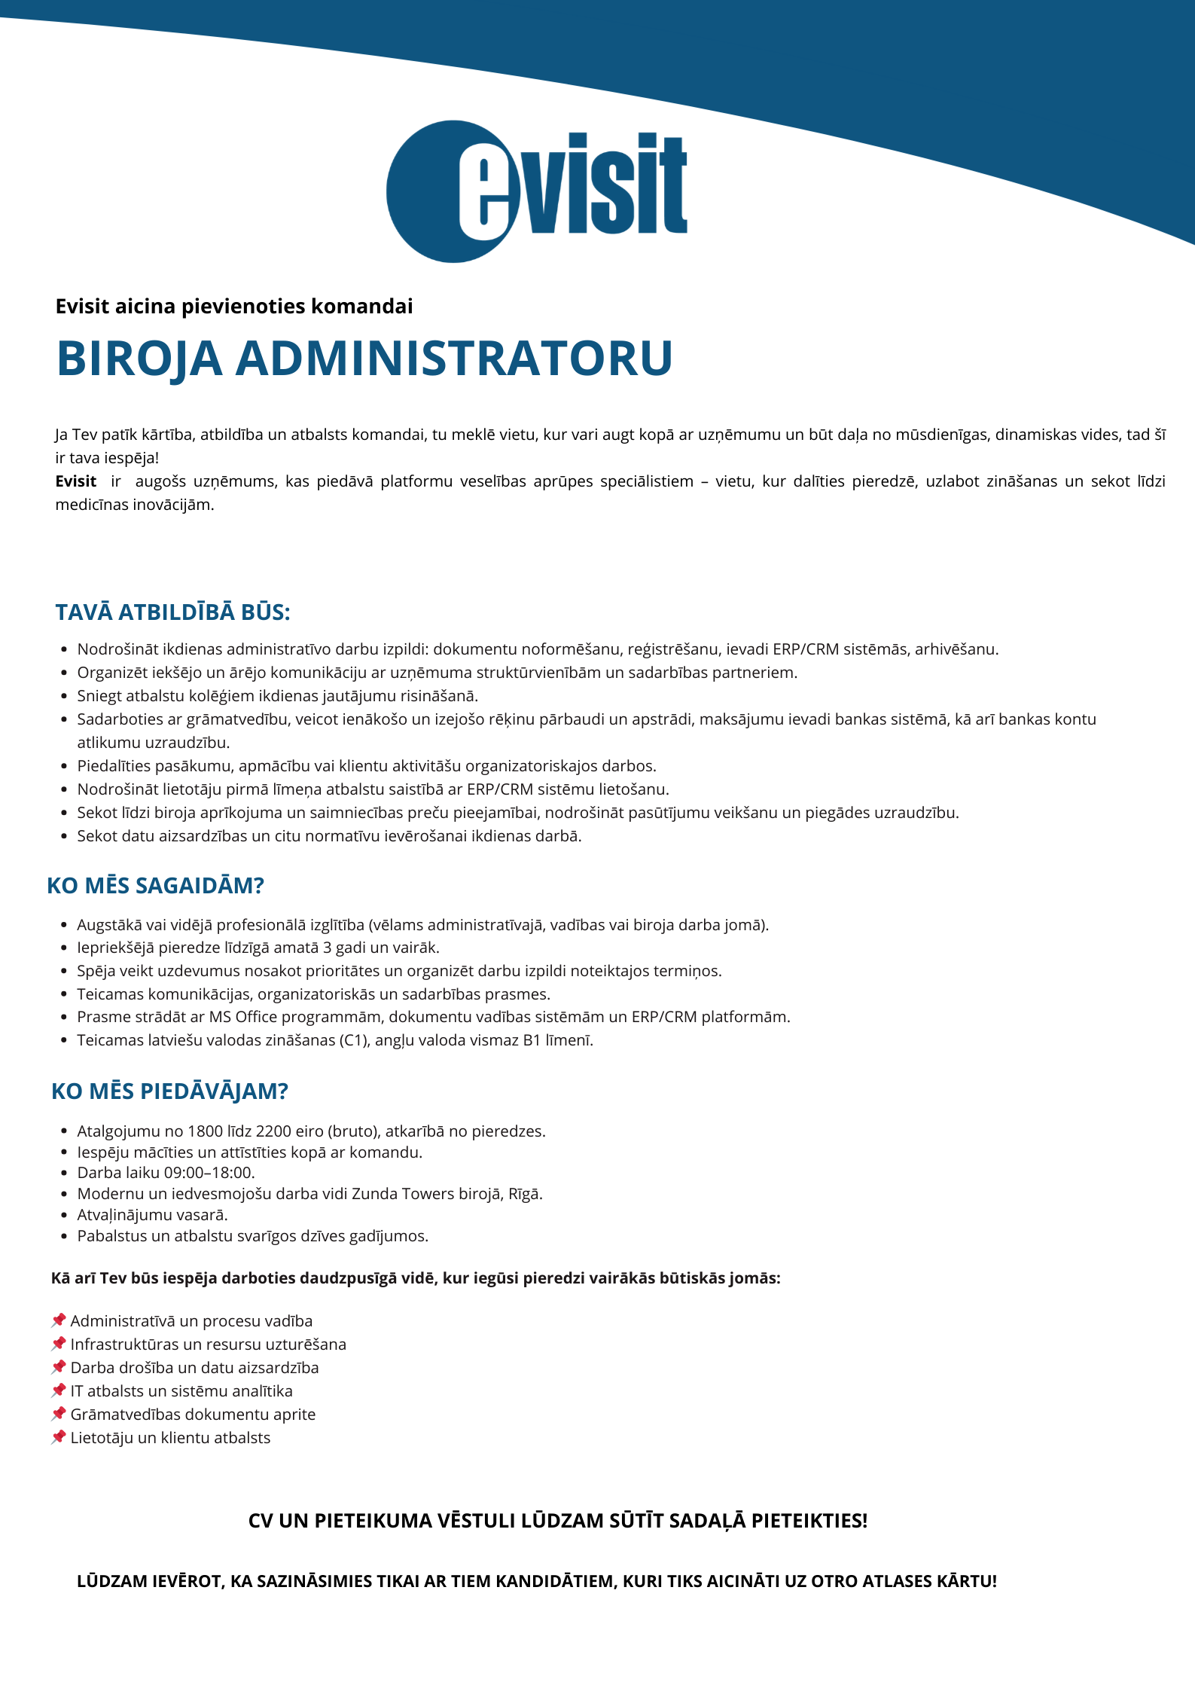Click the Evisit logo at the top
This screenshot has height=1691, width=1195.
tap(536, 191)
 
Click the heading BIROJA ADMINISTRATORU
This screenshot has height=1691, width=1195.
tap(364, 358)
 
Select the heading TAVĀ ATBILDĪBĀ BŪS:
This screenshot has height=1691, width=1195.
tap(172, 612)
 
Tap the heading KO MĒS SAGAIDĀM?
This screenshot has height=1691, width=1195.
tap(155, 886)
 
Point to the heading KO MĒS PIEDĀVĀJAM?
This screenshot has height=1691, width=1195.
tap(169, 1091)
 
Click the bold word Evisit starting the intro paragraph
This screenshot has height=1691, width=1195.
tap(76, 481)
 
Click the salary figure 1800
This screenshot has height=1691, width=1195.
tap(206, 1131)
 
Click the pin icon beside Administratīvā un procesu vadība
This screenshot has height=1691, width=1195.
tap(59, 1320)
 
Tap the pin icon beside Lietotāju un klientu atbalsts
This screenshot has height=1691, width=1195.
tap(59, 1437)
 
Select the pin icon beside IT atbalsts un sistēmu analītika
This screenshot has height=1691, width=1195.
tap(59, 1390)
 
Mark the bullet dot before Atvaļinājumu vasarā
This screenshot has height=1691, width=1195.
tap(64, 1215)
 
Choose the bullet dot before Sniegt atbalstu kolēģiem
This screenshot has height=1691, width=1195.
tap(64, 696)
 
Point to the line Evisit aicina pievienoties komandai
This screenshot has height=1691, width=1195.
tap(234, 307)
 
